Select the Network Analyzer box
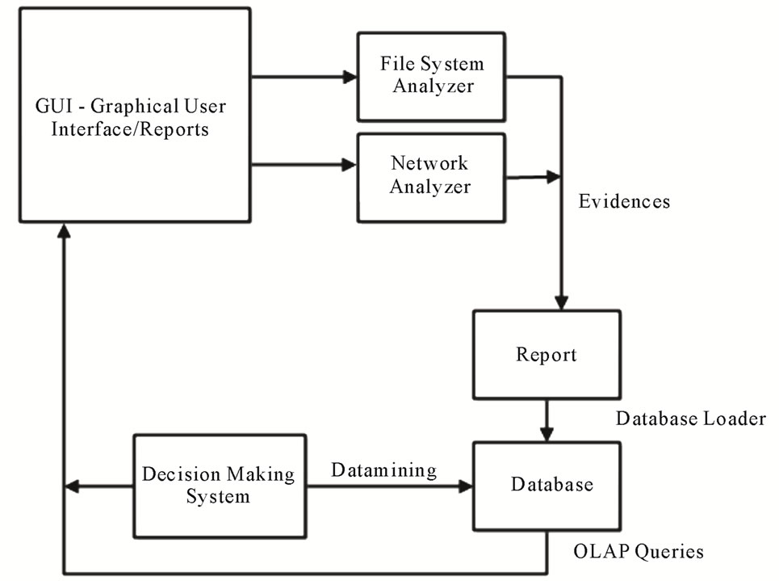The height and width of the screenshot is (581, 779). (431, 176)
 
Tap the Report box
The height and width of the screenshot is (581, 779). (547, 355)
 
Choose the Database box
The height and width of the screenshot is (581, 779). (547, 485)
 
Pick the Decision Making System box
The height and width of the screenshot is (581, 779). (219, 485)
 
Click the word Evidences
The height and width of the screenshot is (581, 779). (624, 202)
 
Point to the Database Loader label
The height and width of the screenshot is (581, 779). (690, 419)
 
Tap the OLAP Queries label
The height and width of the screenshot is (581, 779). (638, 552)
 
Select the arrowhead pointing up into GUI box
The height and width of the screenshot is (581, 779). (64, 231)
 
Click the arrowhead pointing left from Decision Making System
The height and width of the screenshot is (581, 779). (71, 486)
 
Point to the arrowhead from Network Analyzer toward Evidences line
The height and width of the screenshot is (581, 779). (554, 176)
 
